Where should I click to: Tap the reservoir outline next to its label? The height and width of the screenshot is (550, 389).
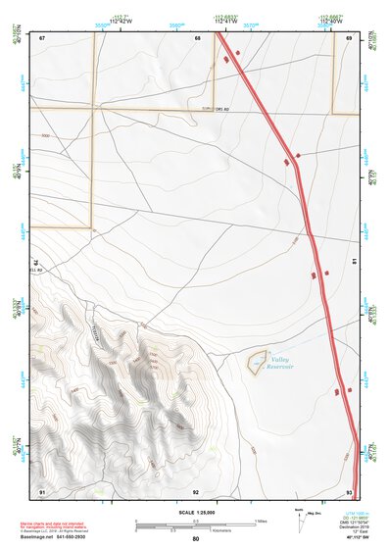click(257, 361)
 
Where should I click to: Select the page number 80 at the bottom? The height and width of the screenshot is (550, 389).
click(196, 539)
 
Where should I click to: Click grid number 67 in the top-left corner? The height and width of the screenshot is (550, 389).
click(40, 38)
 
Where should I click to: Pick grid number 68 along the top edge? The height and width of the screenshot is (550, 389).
click(197, 38)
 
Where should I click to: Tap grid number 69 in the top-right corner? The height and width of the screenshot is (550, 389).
click(349, 38)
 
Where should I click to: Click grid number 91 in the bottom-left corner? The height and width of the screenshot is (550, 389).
click(41, 490)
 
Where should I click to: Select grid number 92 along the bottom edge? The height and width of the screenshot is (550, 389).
click(196, 490)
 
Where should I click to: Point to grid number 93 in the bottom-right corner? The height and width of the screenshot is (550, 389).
click(349, 490)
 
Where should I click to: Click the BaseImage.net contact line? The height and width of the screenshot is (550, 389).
click(61, 537)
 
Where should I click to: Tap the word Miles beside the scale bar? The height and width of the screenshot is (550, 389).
click(262, 520)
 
